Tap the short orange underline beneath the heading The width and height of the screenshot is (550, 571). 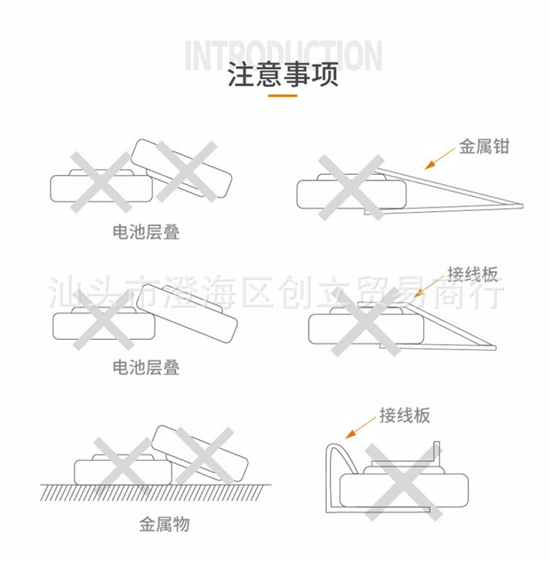pos(283,95)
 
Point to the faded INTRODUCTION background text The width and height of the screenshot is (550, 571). pos(283,56)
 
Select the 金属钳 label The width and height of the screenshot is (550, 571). pos(484,147)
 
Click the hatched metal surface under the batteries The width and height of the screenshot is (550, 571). pos(153,492)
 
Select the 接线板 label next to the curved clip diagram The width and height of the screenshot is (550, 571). pos(404,416)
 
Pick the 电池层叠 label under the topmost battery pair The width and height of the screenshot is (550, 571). pos(146,233)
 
